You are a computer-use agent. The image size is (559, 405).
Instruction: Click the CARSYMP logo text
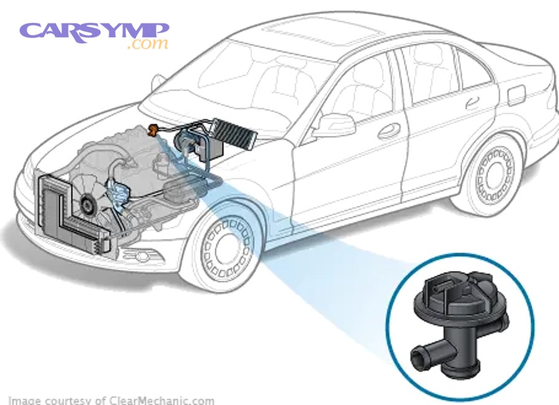tap(94, 32)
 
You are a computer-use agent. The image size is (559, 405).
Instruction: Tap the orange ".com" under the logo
tap(148, 43)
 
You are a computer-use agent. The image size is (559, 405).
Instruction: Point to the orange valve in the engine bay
tap(153, 130)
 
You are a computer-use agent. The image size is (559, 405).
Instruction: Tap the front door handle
tap(389, 130)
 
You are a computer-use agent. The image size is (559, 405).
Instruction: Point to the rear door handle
tap(472, 103)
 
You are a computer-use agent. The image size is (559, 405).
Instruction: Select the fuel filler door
tap(517, 96)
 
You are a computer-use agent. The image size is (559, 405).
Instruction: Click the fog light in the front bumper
tap(142, 256)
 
